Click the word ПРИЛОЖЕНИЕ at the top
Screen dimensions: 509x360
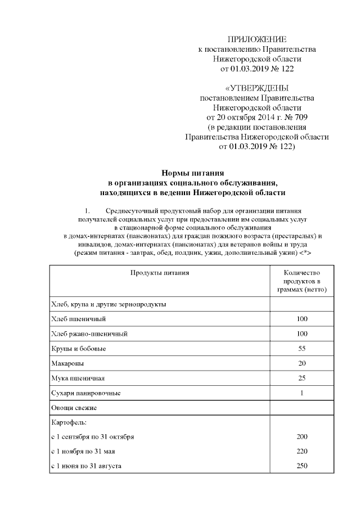[257, 39]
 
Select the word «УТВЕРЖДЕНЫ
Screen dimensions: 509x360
[257, 88]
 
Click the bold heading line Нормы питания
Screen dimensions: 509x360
[193, 173]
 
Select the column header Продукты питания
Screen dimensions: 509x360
[160, 273]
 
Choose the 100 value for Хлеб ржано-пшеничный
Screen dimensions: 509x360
[301, 334]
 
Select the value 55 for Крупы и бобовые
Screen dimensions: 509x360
[301, 349]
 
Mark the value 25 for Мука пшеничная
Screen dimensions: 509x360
[301, 378]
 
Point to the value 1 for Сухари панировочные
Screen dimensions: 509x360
[301, 393]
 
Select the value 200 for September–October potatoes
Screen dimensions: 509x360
[301, 436]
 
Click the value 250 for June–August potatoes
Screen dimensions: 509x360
[301, 466]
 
